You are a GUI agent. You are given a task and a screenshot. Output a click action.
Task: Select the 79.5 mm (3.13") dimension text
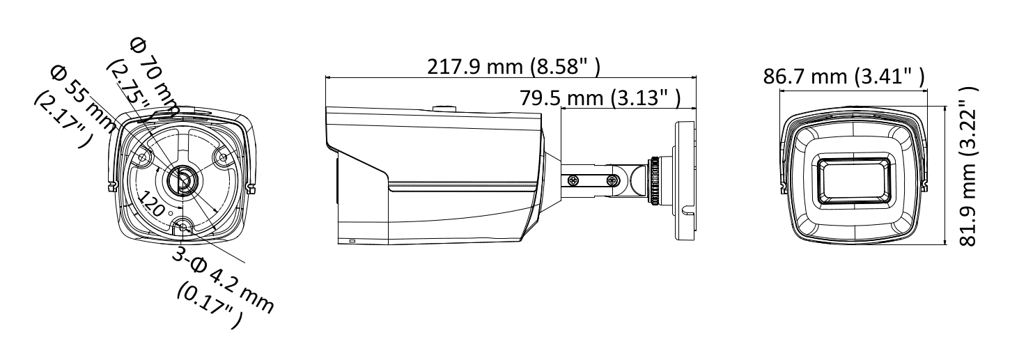(x=600, y=98)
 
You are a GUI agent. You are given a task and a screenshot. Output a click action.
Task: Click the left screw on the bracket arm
(x=573, y=180)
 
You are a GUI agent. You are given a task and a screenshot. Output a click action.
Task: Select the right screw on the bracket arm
(x=612, y=180)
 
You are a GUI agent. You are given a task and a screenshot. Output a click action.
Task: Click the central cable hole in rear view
(x=181, y=180)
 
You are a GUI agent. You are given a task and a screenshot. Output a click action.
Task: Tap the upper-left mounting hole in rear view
(x=143, y=158)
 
